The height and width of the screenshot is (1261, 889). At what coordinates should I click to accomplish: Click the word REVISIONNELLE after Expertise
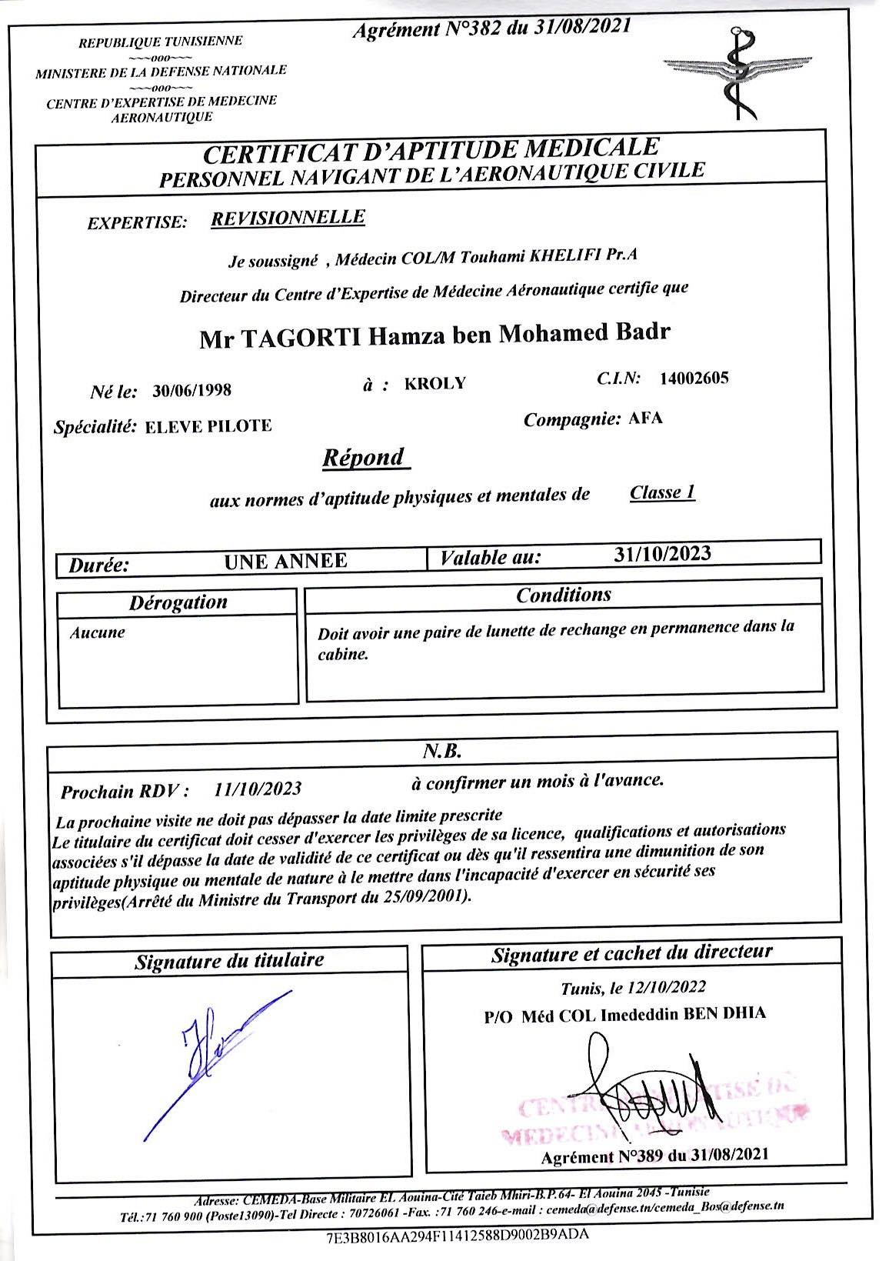(288, 218)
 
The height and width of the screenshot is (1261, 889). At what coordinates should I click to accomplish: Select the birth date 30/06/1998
(192, 389)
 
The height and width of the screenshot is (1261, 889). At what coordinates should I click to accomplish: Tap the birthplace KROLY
(435, 383)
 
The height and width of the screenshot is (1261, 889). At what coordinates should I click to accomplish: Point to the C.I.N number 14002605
(694, 378)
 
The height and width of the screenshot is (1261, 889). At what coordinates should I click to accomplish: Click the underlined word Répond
(364, 458)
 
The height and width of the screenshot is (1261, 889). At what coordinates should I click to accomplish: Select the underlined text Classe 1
(662, 492)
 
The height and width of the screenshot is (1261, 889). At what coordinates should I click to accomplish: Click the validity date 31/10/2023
(663, 553)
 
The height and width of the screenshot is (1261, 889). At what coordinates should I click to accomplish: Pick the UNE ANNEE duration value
(285, 562)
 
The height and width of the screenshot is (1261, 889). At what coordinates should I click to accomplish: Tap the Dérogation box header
(178, 602)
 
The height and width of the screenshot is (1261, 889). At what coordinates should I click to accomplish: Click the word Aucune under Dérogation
(97, 633)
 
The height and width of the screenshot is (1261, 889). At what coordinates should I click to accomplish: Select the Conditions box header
(564, 595)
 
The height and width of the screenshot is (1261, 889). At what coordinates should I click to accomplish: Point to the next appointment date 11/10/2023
(258, 789)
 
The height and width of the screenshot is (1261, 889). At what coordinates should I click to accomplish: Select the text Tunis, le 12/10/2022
(633, 987)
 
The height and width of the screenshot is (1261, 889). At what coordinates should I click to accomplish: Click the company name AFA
(645, 419)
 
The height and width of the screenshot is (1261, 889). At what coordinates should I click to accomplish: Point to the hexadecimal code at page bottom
(458, 1235)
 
